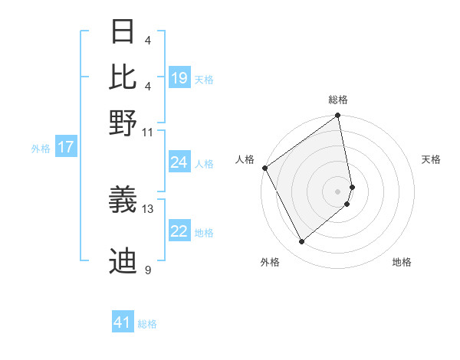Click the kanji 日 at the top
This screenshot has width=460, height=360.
(x=123, y=32)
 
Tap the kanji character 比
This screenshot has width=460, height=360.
(x=123, y=77)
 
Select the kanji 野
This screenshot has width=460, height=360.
(x=123, y=122)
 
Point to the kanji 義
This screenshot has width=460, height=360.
(x=123, y=200)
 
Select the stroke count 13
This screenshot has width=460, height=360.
(x=149, y=208)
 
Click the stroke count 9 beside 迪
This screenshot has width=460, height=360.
(x=148, y=270)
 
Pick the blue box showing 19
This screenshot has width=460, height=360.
(x=179, y=78)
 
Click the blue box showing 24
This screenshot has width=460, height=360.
(x=179, y=162)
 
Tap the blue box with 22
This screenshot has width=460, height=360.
(x=179, y=231)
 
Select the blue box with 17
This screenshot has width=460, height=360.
(x=65, y=147)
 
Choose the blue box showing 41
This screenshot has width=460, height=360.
(x=123, y=322)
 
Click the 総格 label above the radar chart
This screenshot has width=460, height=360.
(x=338, y=100)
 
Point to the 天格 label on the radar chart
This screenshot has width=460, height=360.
(x=431, y=159)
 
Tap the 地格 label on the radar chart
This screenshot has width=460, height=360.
(x=402, y=262)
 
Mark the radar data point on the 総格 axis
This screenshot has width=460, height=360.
(x=338, y=117)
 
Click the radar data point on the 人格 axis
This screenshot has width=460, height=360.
(x=264, y=168)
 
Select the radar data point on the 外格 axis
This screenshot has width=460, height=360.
(x=301, y=242)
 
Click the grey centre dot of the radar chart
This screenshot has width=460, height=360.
(x=338, y=191)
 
